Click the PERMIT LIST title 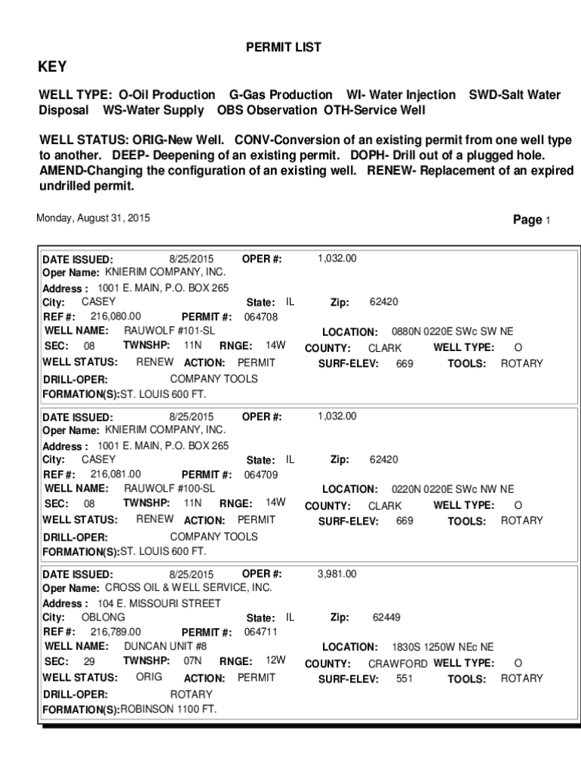tap(284, 48)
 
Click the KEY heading tap(53, 67)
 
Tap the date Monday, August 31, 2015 tap(94, 218)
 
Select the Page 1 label tap(532, 220)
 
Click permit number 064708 tap(261, 317)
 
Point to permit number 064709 tap(261, 475)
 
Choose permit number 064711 tap(261, 632)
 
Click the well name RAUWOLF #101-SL tap(169, 331)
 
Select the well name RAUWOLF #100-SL tap(169, 488)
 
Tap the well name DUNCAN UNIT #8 tap(165, 646)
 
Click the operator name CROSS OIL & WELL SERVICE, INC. tap(188, 587)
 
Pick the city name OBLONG tap(103, 617)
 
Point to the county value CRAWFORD tap(398, 664)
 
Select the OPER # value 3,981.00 tap(337, 574)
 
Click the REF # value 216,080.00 tap(115, 316)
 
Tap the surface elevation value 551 tap(404, 679)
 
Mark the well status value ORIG tap(149, 677)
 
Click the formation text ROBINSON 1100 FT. tap(168, 710)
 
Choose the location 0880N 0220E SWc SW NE tap(452, 331)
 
